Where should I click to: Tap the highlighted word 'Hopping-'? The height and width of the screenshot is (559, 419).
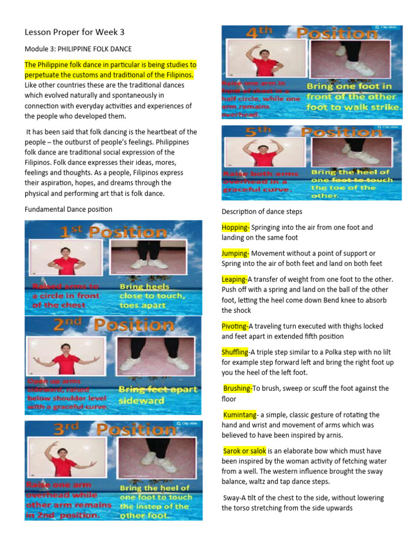point(236,227)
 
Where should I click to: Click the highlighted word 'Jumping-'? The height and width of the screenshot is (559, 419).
point(236,253)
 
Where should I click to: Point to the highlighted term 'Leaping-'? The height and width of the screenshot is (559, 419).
point(235,279)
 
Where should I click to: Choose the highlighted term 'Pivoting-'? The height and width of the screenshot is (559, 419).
point(235,326)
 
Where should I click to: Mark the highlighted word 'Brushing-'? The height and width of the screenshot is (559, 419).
point(238,389)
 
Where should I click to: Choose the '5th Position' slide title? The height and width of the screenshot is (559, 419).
point(312,132)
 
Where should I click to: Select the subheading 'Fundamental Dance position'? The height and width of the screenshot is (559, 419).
point(69,209)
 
